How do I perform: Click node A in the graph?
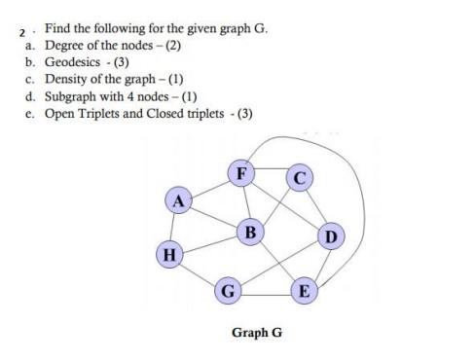tap(176, 201)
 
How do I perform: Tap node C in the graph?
tap(301, 177)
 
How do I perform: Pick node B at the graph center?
tap(250, 233)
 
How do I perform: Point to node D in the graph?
tap(331, 236)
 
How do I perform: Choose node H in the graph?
tap(169, 255)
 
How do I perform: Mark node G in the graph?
tap(228, 290)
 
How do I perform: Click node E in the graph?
tap(305, 290)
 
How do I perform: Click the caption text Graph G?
tap(257, 333)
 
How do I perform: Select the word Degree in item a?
tap(65, 46)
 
